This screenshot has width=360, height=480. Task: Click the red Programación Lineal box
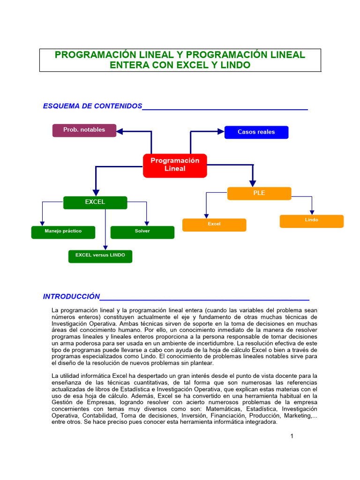(175, 165)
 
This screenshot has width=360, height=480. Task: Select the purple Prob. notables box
(84, 130)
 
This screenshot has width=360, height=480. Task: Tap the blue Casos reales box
(256, 132)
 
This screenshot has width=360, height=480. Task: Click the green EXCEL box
(95, 202)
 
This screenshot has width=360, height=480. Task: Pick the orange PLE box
(259, 193)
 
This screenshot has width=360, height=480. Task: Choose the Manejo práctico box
(63, 232)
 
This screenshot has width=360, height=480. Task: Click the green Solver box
(142, 232)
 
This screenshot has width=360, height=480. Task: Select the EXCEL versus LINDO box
(100, 256)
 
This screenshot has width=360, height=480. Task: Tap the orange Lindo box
(312, 221)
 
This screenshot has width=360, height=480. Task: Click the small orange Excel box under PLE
(214, 225)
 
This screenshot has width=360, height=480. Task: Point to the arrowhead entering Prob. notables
(120, 132)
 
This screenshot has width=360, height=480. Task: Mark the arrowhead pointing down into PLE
(253, 183)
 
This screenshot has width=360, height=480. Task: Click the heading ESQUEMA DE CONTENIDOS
(92, 106)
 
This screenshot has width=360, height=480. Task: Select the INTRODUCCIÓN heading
(72, 296)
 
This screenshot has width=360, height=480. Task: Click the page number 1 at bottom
(292, 436)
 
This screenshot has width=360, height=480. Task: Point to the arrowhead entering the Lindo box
(312, 212)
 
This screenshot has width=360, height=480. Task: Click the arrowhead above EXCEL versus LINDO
(105, 247)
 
